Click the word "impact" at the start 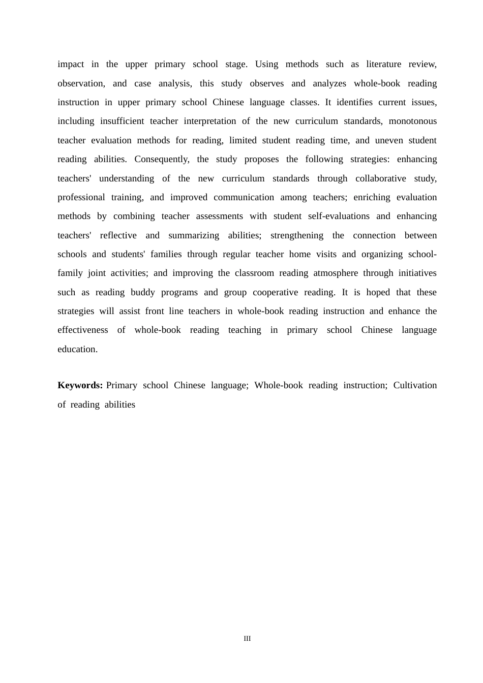click(71, 64)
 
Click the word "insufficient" click(122, 121)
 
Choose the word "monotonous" click(413, 121)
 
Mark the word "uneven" click(389, 140)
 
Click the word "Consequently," click(162, 159)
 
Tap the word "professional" click(81, 197)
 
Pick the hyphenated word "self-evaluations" click(339, 216)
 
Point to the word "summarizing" click(194, 235)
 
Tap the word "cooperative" click(275, 292)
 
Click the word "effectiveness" click(83, 330)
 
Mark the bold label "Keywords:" click(80, 385)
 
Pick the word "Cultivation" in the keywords click(415, 385)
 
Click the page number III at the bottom click(247, 639)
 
